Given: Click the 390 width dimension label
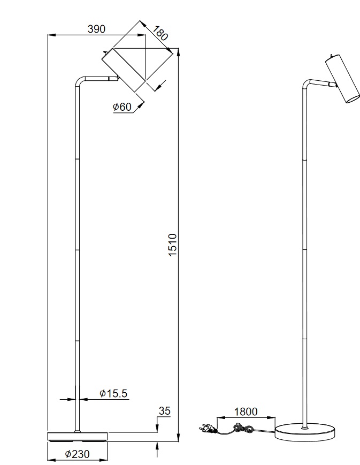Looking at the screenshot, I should [x=96, y=29].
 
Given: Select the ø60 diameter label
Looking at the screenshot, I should [x=122, y=107].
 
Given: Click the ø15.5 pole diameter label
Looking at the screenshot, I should [x=113, y=394].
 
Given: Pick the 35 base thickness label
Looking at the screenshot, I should [x=164, y=411].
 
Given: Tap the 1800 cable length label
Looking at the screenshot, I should [x=246, y=411].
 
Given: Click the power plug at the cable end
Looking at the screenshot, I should [x=205, y=428].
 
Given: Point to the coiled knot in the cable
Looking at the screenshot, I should [x=244, y=428].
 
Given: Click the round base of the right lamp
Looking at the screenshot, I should [x=305, y=431].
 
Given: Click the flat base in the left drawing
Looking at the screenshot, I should [x=78, y=437].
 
